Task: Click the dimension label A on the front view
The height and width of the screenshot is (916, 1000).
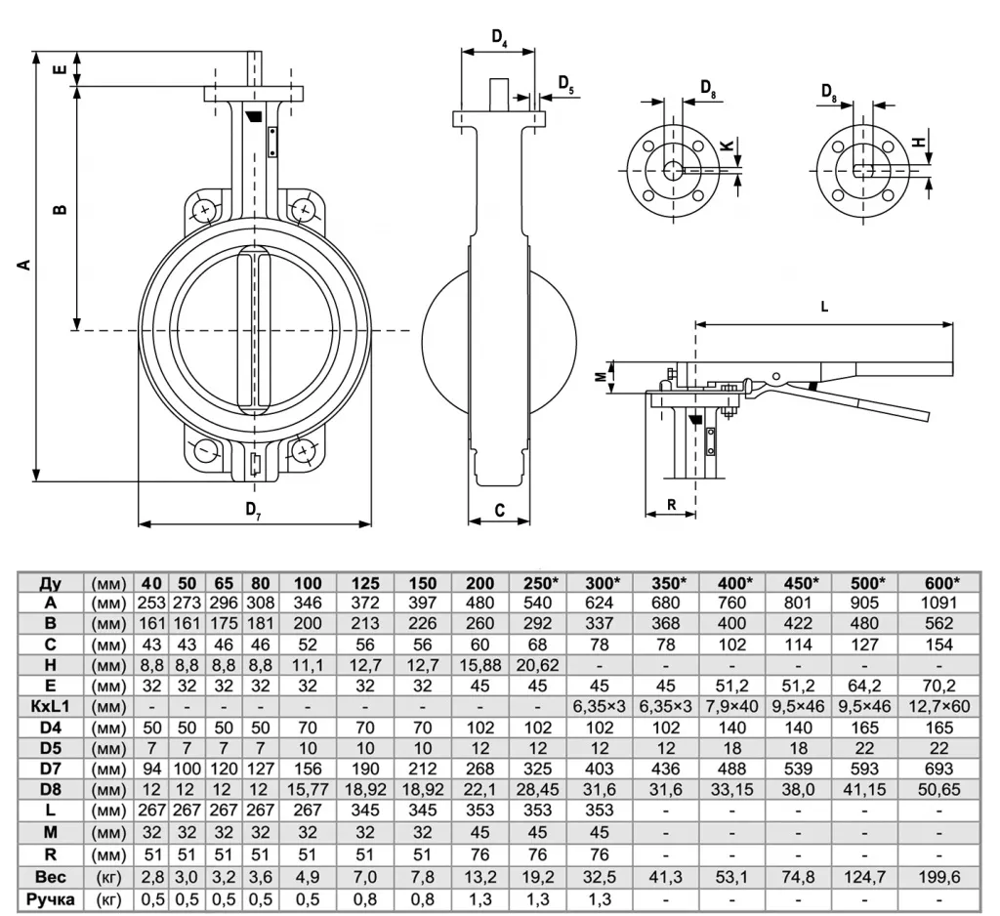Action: [x=24, y=264]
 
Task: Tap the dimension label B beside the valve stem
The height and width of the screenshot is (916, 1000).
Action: [x=60, y=209]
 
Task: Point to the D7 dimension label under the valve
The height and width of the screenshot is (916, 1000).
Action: [x=253, y=509]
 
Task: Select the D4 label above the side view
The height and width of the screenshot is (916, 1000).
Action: [x=499, y=38]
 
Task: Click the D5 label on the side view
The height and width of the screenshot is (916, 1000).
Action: [x=565, y=84]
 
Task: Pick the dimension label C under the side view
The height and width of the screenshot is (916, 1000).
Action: [x=500, y=510]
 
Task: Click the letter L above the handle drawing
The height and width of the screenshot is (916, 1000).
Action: [x=824, y=307]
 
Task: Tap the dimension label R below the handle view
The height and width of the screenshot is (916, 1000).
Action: [x=672, y=505]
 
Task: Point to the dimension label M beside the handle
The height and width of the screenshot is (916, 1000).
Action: [x=601, y=377]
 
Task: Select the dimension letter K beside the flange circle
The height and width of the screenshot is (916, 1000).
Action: [x=727, y=146]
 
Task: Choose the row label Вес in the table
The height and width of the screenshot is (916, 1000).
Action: [x=51, y=877]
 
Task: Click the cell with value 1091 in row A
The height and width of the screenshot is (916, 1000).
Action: [x=939, y=603]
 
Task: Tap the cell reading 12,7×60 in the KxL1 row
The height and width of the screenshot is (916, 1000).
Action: [x=939, y=707]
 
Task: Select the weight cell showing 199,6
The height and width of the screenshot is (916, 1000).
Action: [x=939, y=877]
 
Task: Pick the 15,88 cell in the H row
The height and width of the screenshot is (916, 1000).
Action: [x=480, y=665]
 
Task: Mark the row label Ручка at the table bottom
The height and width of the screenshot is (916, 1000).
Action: [x=51, y=899]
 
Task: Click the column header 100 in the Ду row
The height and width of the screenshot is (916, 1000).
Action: [x=308, y=583]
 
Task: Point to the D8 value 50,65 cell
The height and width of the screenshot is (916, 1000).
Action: [x=939, y=790]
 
